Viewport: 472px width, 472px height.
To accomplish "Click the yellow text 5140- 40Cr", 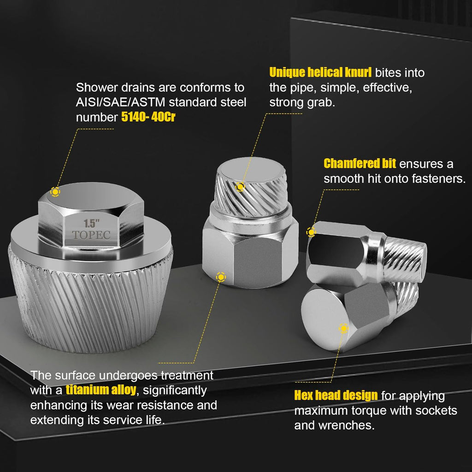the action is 148,117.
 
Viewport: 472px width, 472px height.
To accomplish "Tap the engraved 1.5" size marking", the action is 92,224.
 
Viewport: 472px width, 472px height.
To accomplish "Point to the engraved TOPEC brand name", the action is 91,235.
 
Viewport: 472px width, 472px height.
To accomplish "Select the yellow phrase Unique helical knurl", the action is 320,72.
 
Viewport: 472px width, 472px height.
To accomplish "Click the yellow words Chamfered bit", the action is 360,164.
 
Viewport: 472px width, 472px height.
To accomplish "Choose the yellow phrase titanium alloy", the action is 101,390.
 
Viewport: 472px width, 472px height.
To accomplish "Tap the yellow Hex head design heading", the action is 336,395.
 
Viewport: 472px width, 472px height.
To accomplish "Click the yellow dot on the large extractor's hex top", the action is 55,192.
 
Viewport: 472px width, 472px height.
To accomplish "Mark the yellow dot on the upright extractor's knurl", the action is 240,187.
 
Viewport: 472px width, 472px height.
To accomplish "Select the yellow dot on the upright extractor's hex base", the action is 221,277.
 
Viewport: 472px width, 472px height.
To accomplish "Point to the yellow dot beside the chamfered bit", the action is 311,232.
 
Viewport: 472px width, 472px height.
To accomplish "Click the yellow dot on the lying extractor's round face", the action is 343,328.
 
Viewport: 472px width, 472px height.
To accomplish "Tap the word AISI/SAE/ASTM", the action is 121,102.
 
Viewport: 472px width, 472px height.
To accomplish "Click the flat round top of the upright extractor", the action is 252,170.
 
